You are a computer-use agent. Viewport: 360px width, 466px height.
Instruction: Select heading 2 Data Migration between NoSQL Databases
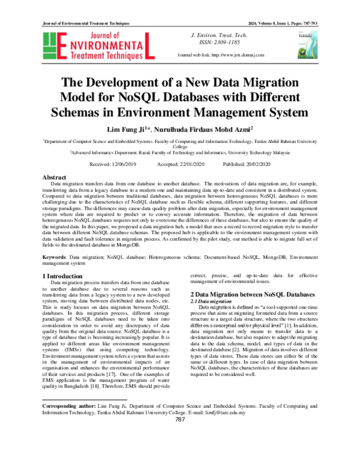(x=252, y=295)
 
